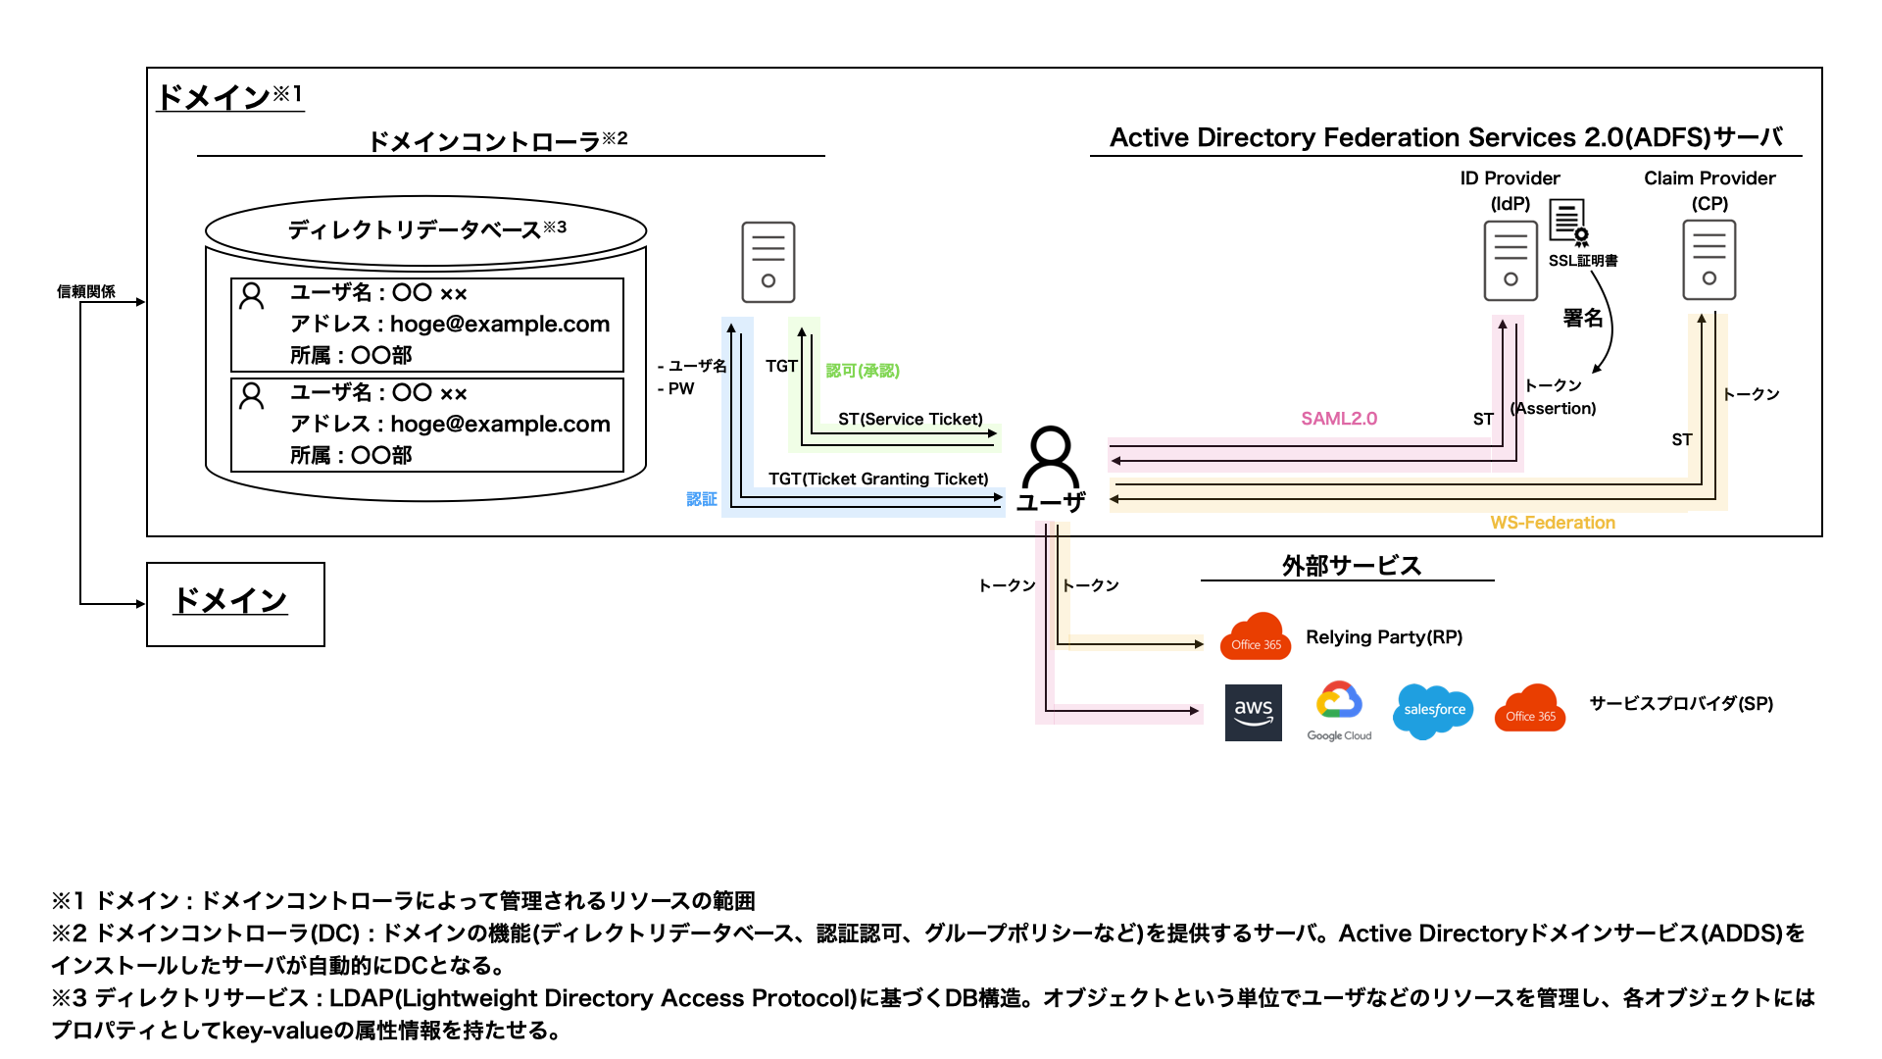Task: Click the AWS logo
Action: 1253,712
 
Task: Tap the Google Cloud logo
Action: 1339,710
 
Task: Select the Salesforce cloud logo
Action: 1433,710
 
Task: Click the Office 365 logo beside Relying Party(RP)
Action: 1256,637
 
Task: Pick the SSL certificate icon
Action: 1567,222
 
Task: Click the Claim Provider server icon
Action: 1709,260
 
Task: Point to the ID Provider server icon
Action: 1510,261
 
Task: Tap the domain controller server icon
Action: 768,262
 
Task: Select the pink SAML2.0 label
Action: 1339,419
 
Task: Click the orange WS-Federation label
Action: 1553,523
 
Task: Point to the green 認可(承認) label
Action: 863,371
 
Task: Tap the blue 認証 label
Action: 702,499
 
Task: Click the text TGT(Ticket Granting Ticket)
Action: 878,479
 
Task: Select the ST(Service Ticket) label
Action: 910,419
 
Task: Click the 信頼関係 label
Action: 86,291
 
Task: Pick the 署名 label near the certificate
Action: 1582,318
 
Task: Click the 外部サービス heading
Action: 1351,566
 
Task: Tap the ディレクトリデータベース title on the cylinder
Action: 426,229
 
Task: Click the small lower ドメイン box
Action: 235,604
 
